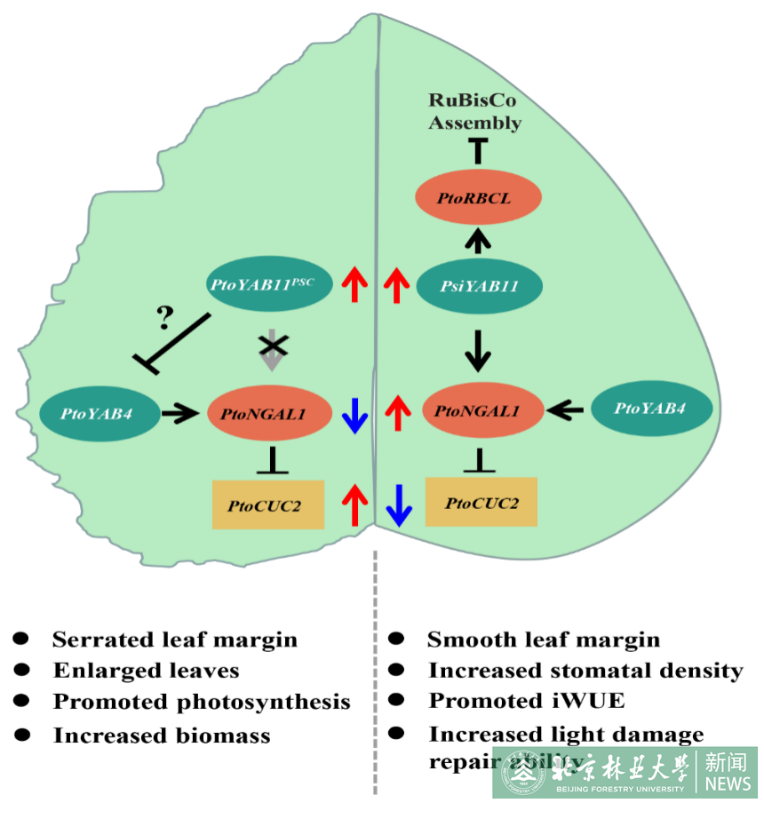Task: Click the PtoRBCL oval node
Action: click(x=474, y=197)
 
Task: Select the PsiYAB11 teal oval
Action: click(x=480, y=286)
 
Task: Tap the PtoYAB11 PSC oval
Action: click(x=270, y=284)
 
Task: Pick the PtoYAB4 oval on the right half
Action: click(x=651, y=409)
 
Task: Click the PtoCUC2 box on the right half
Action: click(x=481, y=503)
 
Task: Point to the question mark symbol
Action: click(x=164, y=316)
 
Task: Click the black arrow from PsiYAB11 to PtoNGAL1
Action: click(x=479, y=350)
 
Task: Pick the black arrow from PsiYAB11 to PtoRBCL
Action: click(x=478, y=239)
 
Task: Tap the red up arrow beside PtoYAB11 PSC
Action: click(x=355, y=284)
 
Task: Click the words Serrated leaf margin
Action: click(x=175, y=640)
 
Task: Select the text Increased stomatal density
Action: click(x=585, y=671)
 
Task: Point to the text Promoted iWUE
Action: click(x=527, y=701)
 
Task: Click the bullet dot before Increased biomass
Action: click(x=22, y=735)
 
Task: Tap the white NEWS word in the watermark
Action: click(x=728, y=783)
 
